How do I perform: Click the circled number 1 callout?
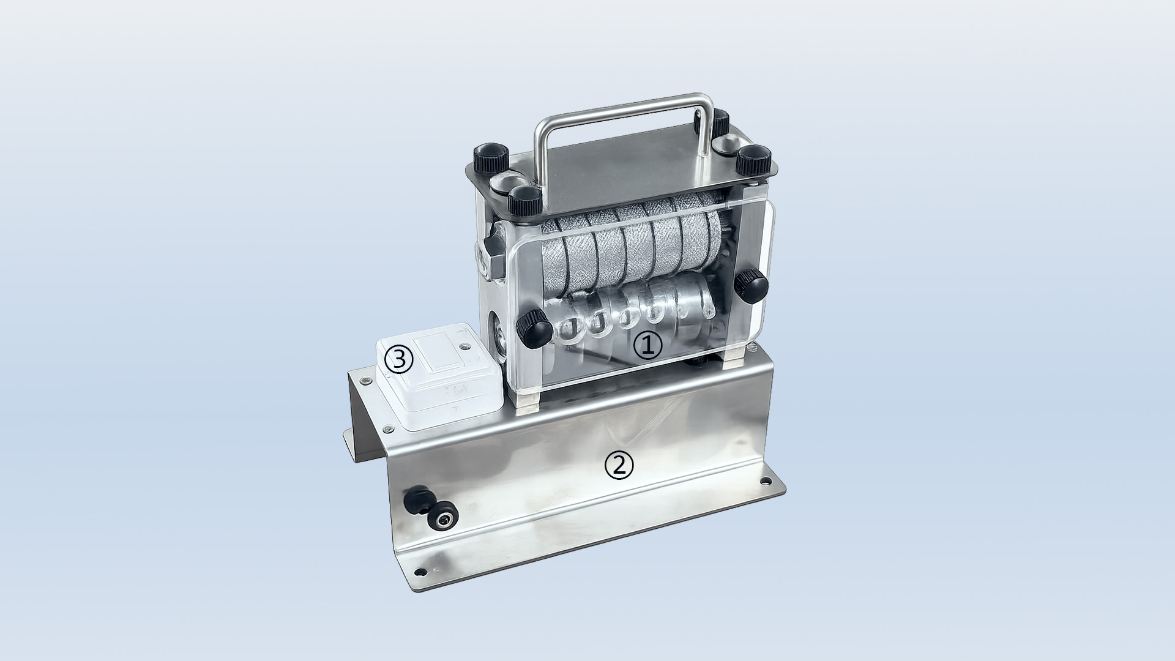[x=647, y=346]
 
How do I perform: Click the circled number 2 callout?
[x=619, y=466]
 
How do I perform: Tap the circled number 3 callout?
[x=398, y=360]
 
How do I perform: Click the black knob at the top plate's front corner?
[x=524, y=202]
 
